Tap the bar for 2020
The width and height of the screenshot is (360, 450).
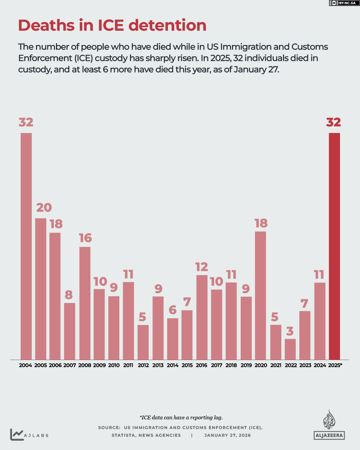tap(260, 295)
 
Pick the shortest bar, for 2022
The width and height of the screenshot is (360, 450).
tap(290, 349)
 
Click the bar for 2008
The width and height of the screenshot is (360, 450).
tap(85, 303)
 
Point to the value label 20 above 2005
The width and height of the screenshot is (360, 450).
tap(44, 208)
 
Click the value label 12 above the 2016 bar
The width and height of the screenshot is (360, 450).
tap(202, 267)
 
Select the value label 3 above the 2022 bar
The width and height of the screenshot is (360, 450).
tap(290, 331)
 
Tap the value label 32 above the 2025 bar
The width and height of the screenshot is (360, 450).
tap(334, 122)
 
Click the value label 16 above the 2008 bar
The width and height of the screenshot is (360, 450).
tap(85, 238)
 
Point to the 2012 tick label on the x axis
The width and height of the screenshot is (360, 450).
tap(143, 365)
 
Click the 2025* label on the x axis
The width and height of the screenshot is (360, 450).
tap(335, 365)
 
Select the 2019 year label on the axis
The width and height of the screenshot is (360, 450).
tap(246, 365)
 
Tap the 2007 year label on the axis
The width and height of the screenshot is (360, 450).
tap(70, 365)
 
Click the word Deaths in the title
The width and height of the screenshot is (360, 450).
tap(46, 25)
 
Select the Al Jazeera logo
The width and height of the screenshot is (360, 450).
tap(329, 425)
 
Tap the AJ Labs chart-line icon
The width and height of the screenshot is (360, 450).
tap(17, 434)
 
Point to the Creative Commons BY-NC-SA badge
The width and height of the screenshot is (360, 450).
tap(344, 3)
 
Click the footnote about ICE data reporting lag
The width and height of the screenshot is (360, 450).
tap(181, 418)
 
